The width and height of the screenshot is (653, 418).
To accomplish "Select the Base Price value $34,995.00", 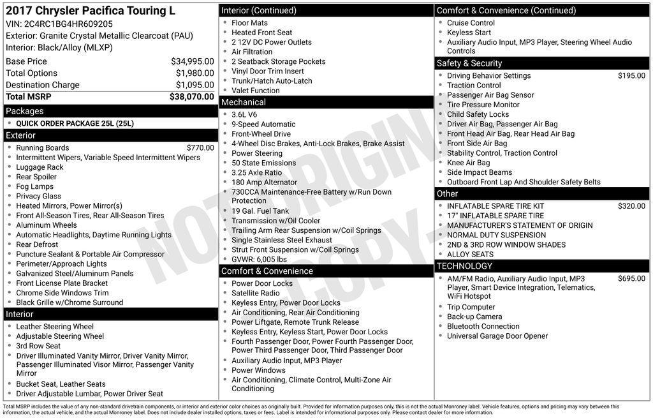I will coord(192,61).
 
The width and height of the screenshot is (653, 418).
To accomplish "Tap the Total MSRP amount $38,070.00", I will coord(191,97).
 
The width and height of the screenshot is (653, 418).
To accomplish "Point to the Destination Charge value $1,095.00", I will coord(194,85).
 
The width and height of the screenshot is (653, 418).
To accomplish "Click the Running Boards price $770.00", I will coord(200,148).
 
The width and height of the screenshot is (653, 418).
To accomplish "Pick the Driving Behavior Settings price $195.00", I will coord(631,76).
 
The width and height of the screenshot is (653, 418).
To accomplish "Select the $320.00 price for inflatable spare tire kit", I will coord(631,206).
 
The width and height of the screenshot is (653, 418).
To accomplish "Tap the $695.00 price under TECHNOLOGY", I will coord(631,279).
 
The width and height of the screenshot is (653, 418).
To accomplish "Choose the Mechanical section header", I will coord(243,102).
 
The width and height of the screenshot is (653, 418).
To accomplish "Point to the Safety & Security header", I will coord(469,63).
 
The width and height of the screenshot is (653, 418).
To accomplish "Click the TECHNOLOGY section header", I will coord(464,266).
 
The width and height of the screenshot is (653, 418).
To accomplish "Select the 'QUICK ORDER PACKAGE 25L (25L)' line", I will coord(75,124).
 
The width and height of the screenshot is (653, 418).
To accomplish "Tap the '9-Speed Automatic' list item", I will coord(263,124).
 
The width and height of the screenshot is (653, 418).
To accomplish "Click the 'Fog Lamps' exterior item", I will coord(35,187).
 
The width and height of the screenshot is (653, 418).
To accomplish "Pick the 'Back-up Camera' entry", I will coord(474,317).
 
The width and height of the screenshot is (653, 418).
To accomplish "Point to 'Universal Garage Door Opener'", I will coord(497,336).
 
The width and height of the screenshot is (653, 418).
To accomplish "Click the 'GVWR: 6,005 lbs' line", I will coord(259,259).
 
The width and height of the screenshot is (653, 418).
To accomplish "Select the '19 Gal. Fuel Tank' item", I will coord(260,211).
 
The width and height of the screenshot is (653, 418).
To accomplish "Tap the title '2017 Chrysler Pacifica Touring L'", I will coord(90,11).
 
